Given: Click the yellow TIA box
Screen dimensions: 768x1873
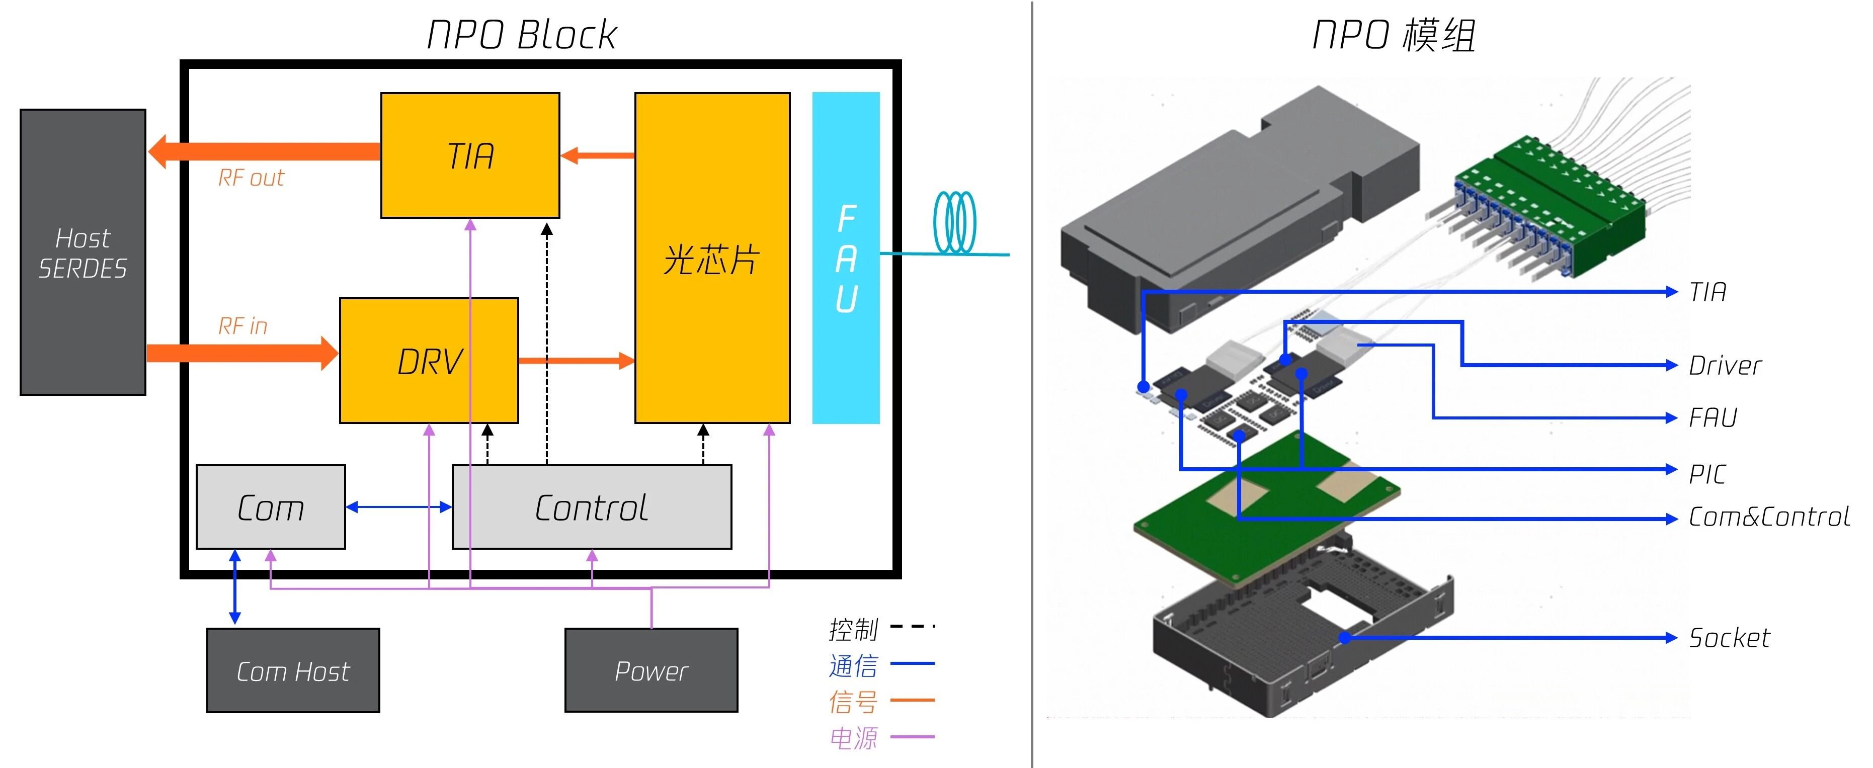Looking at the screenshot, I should [x=470, y=155].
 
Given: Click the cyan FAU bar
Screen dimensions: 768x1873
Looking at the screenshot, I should [x=846, y=258].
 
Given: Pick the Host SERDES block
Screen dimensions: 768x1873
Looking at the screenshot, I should [x=83, y=252].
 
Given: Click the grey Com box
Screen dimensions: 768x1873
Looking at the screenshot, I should [x=271, y=507].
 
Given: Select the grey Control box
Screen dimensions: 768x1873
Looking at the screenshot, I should [x=591, y=507].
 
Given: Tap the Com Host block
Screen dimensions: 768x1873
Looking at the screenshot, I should [x=293, y=670].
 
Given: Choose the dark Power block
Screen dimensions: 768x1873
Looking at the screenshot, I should [x=651, y=670].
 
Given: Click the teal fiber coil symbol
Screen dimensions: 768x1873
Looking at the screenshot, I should [x=955, y=222].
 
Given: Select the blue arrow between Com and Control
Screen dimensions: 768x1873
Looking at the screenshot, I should [x=398, y=507].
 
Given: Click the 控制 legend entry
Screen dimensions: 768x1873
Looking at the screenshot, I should [x=854, y=629].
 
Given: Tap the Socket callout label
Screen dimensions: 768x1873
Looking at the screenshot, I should [x=1729, y=638].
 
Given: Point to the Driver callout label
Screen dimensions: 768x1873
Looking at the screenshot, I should [x=1725, y=366].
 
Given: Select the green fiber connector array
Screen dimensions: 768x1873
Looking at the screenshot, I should [x=1549, y=204].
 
